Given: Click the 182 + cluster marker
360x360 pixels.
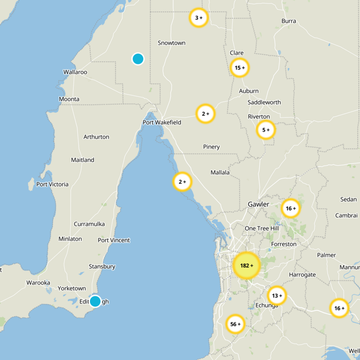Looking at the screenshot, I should pos(246,265).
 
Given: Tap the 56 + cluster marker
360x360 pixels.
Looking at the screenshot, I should pos(235,324).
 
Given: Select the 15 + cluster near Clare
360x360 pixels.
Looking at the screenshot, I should pos(239,68).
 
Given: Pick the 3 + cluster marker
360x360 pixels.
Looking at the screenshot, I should pos(198,18).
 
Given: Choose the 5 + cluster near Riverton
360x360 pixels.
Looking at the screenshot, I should pos(265,130).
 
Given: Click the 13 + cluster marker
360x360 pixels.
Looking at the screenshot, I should pos(277,296).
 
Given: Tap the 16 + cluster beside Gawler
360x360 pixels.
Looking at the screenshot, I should pos(291,208).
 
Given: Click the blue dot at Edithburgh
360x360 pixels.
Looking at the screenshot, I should pos(95,301).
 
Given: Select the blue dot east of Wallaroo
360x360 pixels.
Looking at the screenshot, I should pos(138,58).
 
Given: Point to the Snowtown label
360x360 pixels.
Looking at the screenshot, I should pos(171,43).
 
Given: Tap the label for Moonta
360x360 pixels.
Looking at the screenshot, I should pos(69,99).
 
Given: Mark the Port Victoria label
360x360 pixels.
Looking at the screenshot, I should pos(53,184).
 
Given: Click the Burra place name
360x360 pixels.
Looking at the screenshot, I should pos(288,21).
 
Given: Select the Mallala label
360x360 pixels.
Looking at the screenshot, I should pos(220,172).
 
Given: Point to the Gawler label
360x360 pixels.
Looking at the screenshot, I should pos(258,204).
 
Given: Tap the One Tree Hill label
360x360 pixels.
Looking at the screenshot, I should pos(262,229).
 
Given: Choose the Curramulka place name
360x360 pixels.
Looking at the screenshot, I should pos(89,224).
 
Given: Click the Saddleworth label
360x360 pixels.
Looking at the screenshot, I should pos(264,102).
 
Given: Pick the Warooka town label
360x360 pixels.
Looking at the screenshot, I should pos(38,283).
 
